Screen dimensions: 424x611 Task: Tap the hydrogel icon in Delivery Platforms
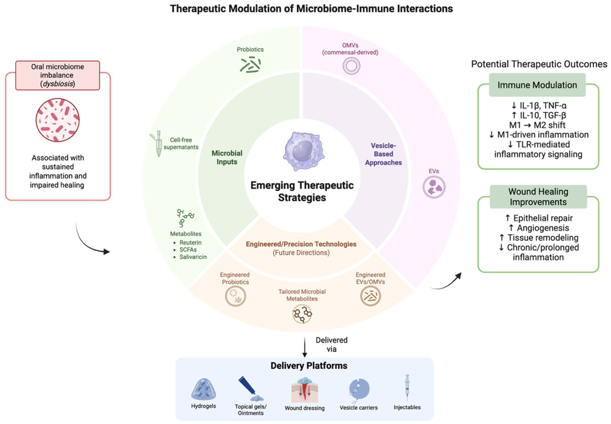203,389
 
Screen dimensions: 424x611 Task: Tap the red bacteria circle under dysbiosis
57,120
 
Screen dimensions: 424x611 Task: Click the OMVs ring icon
351,66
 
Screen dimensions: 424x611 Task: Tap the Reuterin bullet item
190,243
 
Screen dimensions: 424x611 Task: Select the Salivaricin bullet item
193,257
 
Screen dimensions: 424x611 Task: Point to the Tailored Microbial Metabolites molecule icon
302,314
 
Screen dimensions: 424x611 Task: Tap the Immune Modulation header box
537,85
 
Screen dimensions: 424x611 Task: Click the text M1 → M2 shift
537,125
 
